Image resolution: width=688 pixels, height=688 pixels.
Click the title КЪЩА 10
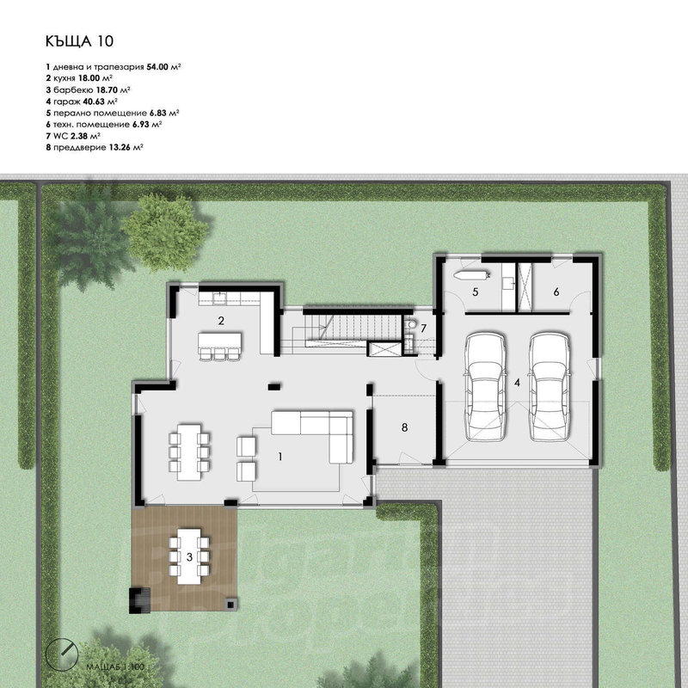(x=79, y=40)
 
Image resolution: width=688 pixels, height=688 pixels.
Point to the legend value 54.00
(x=157, y=67)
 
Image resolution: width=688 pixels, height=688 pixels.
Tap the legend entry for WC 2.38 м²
(x=73, y=136)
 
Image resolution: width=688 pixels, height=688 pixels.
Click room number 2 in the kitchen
(x=221, y=321)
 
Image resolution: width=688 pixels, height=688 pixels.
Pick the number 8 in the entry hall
(x=404, y=427)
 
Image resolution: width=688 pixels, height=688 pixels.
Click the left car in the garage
(x=485, y=386)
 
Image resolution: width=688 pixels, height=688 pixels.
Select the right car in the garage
(x=550, y=386)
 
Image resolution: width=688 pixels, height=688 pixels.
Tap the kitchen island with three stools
(x=219, y=346)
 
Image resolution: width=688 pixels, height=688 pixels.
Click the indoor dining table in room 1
(x=189, y=452)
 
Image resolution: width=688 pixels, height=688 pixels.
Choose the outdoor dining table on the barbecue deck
(x=189, y=556)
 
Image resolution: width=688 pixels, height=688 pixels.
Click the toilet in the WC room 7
(x=411, y=324)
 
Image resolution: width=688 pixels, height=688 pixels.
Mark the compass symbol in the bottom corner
(x=62, y=654)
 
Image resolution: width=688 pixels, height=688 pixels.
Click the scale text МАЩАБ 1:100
(x=115, y=667)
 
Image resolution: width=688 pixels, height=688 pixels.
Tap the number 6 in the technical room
(x=556, y=292)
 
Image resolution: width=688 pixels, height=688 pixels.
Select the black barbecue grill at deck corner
(x=139, y=600)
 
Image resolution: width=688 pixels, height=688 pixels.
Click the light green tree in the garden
(x=164, y=231)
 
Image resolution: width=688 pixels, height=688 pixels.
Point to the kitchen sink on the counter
(x=219, y=298)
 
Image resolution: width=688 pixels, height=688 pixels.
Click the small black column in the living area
(x=274, y=386)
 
